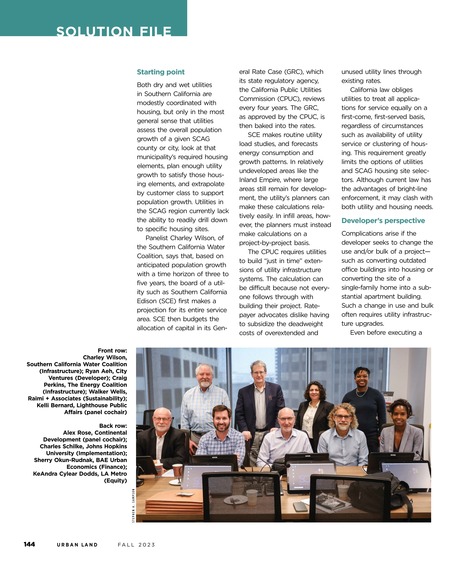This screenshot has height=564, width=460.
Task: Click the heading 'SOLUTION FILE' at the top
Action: (x=113, y=33)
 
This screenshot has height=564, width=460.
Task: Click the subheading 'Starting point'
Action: (x=160, y=71)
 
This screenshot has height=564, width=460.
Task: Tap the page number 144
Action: (x=31, y=545)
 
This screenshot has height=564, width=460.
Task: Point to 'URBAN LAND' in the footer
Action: (x=78, y=545)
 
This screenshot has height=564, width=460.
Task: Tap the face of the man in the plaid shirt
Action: (x=215, y=412)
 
